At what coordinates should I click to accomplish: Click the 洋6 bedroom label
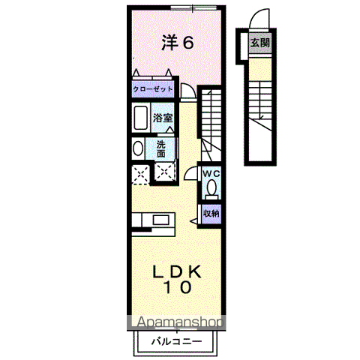(x=178, y=43)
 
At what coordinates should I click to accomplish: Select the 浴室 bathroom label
(x=163, y=118)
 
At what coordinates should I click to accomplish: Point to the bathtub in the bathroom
(x=140, y=118)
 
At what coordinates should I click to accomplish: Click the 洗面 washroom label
(x=163, y=148)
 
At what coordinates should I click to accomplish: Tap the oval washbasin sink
(x=137, y=148)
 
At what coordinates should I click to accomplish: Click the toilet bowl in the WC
(x=211, y=187)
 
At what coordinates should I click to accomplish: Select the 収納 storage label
(x=211, y=214)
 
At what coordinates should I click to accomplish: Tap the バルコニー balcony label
(x=175, y=340)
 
